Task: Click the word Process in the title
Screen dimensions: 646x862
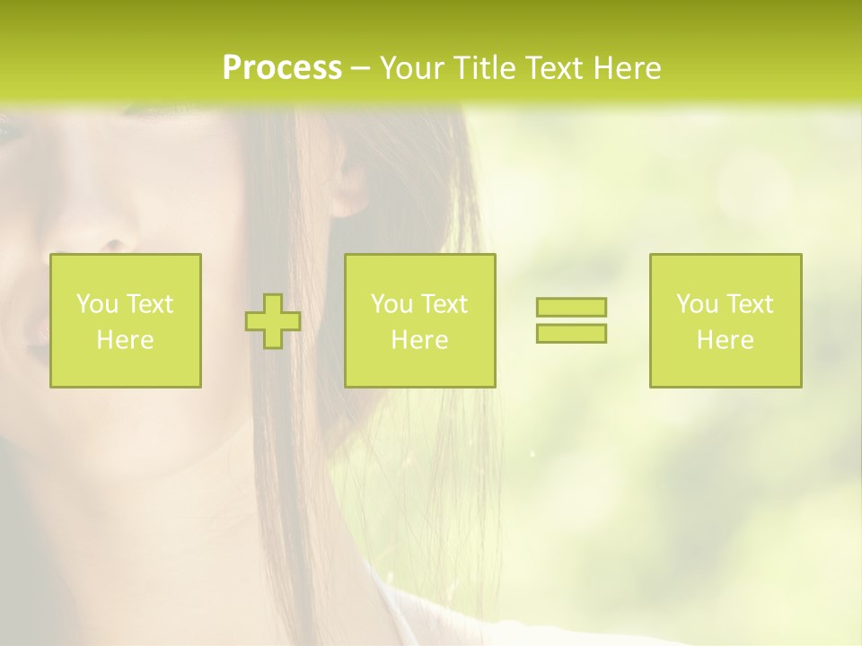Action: coord(282,68)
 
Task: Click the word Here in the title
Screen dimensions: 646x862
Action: coord(629,68)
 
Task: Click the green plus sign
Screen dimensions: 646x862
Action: coord(273,321)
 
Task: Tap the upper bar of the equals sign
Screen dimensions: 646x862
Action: coord(571,307)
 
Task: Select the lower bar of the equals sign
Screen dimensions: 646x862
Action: coord(571,333)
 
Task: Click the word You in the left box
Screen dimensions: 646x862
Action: coord(97,304)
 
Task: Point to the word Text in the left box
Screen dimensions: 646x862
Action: coord(149,304)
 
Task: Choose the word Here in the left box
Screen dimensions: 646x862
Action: coord(125,340)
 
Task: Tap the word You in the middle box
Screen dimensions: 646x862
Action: coord(391,304)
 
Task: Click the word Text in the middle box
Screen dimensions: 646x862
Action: coord(444,304)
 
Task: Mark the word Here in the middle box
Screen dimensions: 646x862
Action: coord(419,340)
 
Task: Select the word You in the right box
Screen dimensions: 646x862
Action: coord(697,304)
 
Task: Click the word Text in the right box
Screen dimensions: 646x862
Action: coord(749,304)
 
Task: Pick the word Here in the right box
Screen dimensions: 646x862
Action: coord(725,340)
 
